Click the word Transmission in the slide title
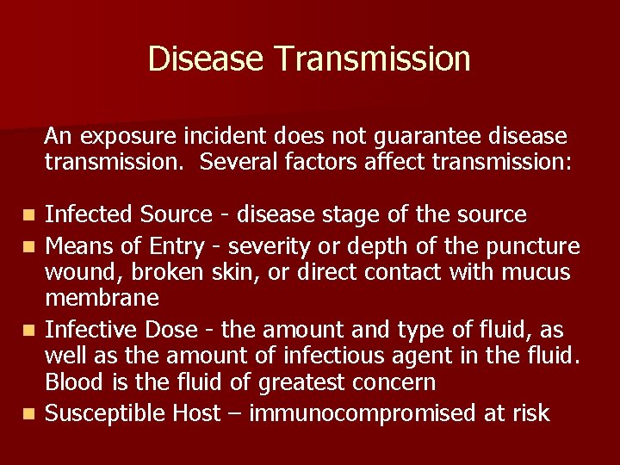point(373,59)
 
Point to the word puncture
point(533,246)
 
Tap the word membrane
point(102,298)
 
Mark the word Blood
point(72,381)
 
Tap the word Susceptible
point(105,413)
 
